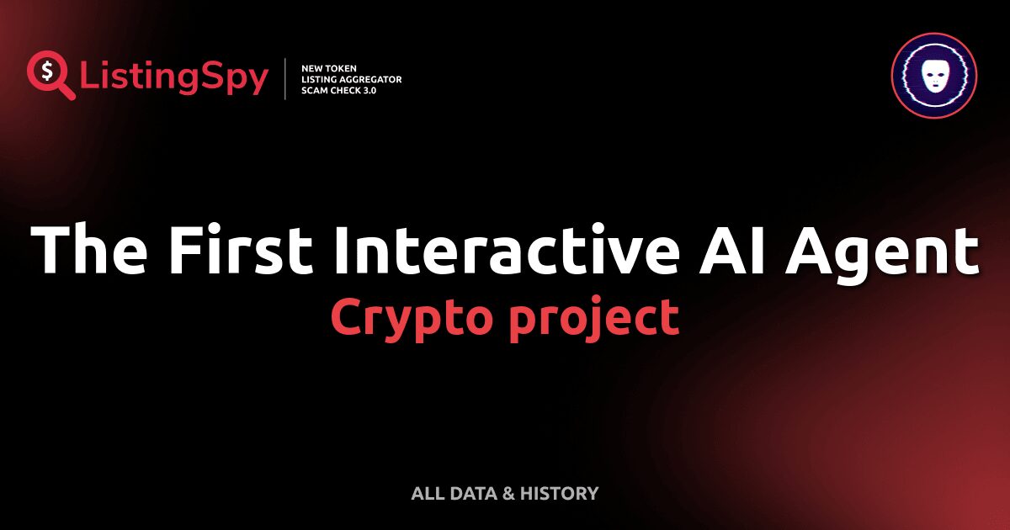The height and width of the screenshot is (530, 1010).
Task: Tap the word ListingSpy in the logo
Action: tap(174, 77)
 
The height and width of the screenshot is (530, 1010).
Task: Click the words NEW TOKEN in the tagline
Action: tap(330, 67)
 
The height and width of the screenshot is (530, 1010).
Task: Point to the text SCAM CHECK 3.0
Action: tap(338, 90)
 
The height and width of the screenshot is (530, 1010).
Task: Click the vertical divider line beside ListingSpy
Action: tap(286, 78)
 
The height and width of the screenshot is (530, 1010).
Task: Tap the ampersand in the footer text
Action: tap(508, 494)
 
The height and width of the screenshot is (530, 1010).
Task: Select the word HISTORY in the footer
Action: tap(559, 494)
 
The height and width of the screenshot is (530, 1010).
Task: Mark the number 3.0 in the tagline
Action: tap(367, 90)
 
